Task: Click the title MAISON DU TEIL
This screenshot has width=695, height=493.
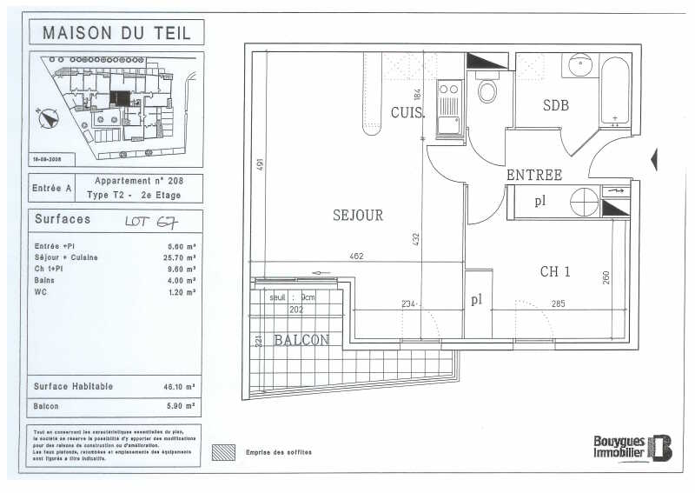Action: coord(117,33)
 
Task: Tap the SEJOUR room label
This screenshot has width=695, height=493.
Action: coord(357,215)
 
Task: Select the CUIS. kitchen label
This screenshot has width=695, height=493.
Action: coord(407,113)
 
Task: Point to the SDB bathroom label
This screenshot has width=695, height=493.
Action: coord(556,105)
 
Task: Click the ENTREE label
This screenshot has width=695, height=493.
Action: coord(533,175)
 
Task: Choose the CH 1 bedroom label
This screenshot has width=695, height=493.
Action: coord(555,272)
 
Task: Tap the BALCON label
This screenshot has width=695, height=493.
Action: coord(301,340)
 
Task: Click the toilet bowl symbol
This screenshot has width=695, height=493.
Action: coord(487,90)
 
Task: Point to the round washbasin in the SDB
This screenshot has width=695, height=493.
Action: coord(579,64)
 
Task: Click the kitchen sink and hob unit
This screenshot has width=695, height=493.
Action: coord(449,107)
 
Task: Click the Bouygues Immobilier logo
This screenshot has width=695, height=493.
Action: coord(632,447)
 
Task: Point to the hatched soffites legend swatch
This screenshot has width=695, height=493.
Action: coord(224,452)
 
